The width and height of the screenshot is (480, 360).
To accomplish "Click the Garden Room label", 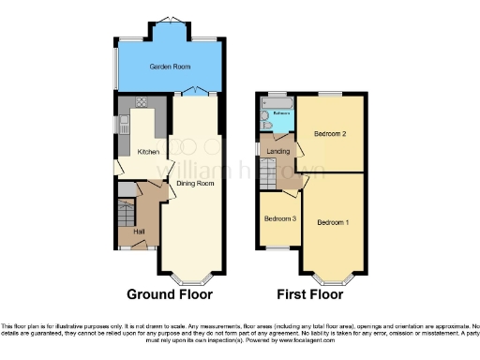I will [x=168, y=67].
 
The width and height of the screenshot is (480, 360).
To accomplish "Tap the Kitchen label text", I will [x=148, y=152].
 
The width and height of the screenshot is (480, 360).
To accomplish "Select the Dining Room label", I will [x=196, y=184].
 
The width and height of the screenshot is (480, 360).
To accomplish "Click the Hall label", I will [x=138, y=230].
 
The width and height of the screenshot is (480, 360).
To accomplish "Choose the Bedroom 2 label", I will [x=331, y=134].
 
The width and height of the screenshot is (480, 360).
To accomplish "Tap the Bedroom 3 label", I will [x=280, y=218].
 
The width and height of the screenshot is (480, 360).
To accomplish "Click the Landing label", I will [x=278, y=152].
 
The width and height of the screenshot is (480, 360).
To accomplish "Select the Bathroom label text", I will [x=281, y=113].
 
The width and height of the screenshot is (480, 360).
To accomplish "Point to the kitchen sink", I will [x=122, y=123].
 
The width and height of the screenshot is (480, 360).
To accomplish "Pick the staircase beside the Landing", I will [x=268, y=172].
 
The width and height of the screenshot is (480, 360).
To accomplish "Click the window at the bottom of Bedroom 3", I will [x=279, y=248].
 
